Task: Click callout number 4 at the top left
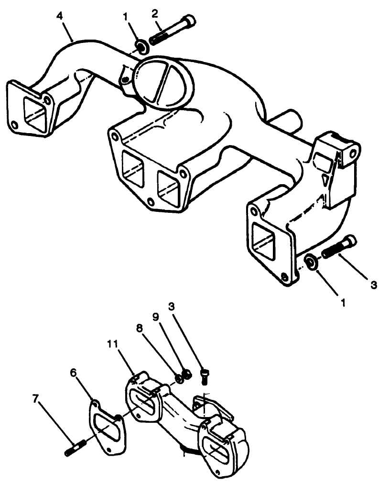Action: tap(59, 16)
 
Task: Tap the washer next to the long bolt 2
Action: tap(141, 47)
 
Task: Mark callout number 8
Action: tap(139, 330)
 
